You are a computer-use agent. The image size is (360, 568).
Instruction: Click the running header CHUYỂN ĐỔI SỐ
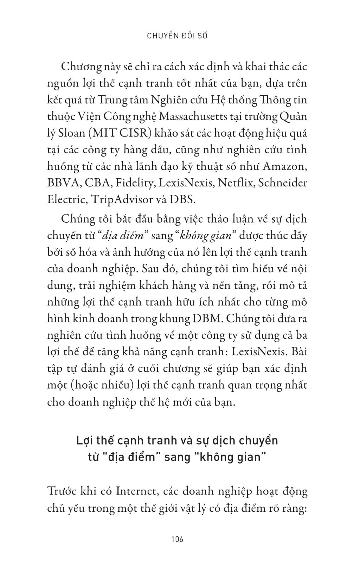point(176,36)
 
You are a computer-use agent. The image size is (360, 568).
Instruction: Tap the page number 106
point(177,539)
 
